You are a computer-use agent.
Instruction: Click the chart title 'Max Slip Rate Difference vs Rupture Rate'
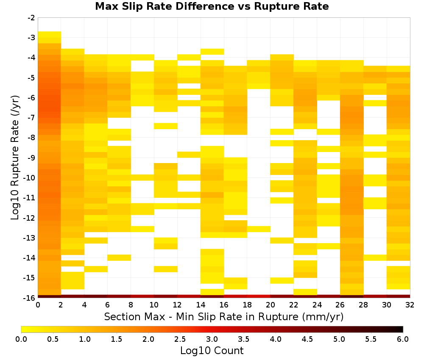[x=212, y=6]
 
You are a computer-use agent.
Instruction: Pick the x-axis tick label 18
[x=247, y=305]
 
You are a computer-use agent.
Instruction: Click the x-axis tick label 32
[x=410, y=305]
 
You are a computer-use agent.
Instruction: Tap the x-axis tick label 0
[x=38, y=305]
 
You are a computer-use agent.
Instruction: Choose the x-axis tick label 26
[x=340, y=305]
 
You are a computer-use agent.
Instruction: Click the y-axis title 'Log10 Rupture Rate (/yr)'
[x=15, y=158]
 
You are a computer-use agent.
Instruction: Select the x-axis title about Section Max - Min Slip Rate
[x=224, y=316]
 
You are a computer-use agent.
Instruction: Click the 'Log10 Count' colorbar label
[x=212, y=351]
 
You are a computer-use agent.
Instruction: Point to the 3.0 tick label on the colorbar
[x=212, y=339]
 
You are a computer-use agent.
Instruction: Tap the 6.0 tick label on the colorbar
[x=403, y=339]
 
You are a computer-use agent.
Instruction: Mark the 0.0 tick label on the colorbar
[x=21, y=339]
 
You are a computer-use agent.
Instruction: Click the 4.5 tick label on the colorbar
[x=307, y=339]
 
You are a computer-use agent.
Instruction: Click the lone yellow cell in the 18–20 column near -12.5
[x=259, y=229]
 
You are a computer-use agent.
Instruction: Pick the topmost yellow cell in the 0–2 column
[x=50, y=34]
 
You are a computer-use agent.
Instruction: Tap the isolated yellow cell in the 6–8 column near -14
[x=119, y=258]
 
